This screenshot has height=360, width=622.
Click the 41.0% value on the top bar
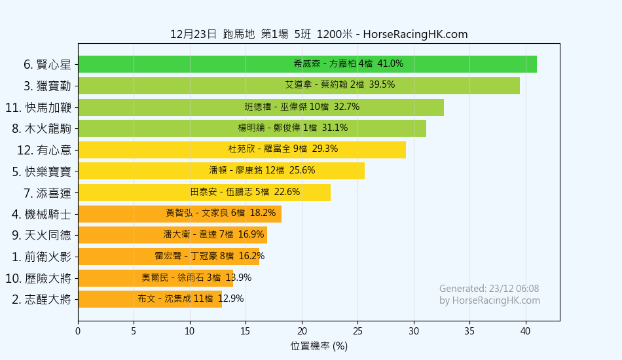coord(390,64)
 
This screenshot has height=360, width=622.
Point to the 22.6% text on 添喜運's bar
coord(287,192)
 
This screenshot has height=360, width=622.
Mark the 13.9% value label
coord(238,278)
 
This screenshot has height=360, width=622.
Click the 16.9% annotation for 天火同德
coord(251,235)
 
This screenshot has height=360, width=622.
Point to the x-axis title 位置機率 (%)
coord(319,346)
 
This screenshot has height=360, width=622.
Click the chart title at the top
coord(319,35)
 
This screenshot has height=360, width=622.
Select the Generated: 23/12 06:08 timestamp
coord(489,289)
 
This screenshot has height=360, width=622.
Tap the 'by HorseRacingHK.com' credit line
coord(490,300)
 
